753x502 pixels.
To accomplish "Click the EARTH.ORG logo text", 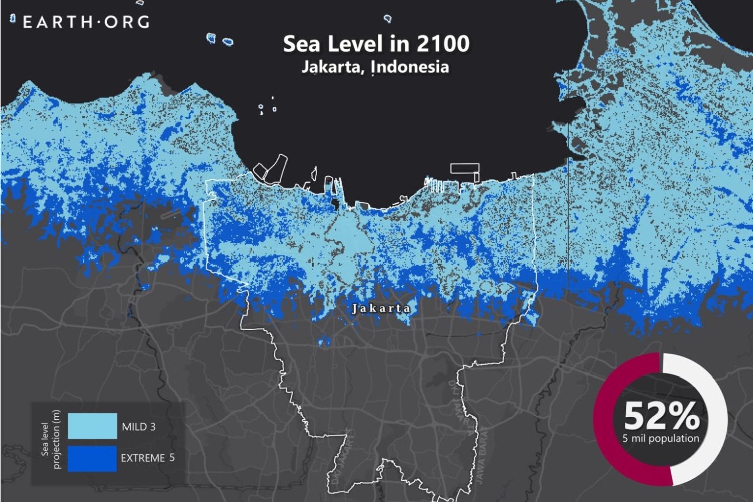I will coord(86,22).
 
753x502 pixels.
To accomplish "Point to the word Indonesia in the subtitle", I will coord(410,67).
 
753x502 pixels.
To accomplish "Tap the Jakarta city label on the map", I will coord(381,308).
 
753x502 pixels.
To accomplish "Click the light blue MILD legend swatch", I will coord(92,426).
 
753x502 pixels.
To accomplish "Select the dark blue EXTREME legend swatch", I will coord(92,458).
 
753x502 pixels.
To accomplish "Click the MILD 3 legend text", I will coord(139,427).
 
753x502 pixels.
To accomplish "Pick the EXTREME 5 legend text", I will coord(148,458).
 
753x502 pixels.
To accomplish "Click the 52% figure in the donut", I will coord(661,416).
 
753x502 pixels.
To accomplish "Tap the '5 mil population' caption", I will coord(661,438).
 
